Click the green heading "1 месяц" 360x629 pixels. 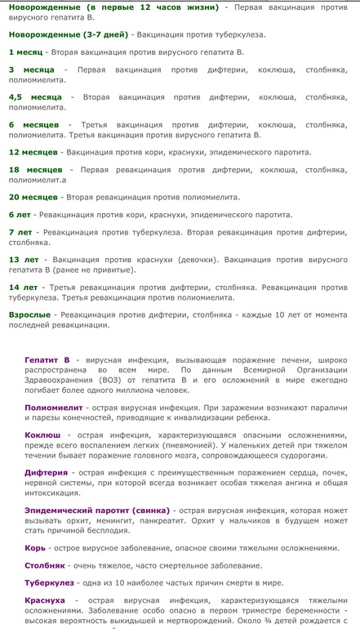click(25, 51)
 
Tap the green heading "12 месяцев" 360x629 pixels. click(33, 152)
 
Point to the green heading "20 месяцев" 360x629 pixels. click(33, 197)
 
